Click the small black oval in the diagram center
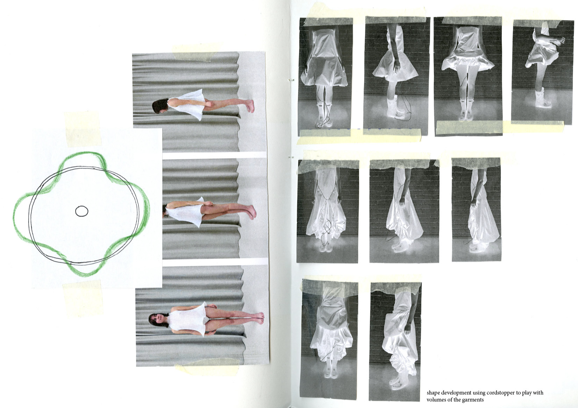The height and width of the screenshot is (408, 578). (81, 211)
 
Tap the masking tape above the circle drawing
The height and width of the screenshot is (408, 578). (83, 129)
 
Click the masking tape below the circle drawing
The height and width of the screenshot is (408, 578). (83, 299)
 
